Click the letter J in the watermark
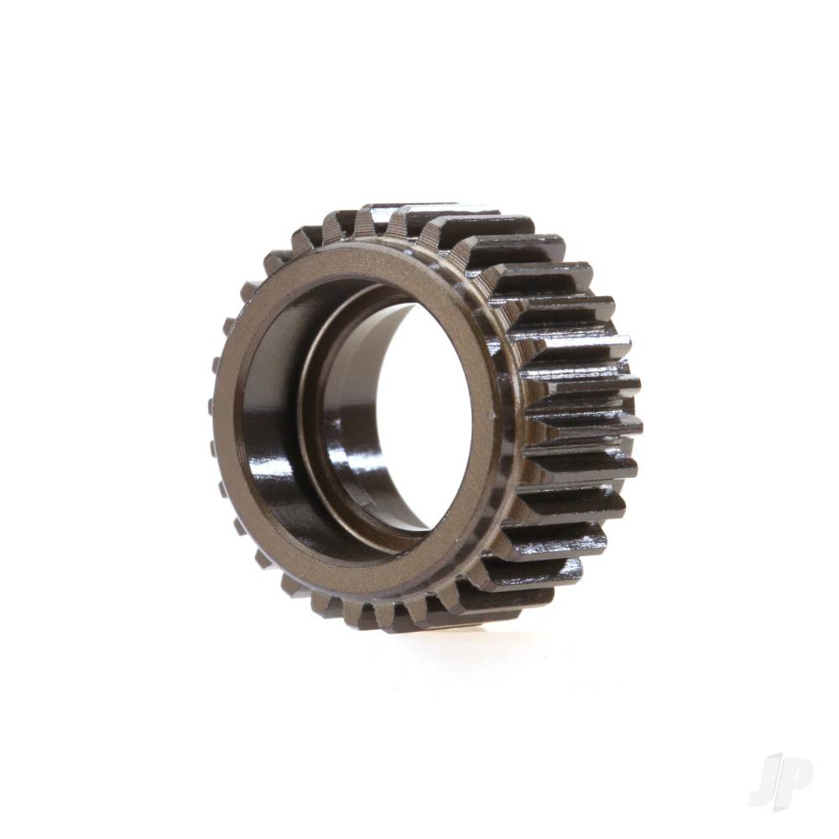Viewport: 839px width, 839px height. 765,780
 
